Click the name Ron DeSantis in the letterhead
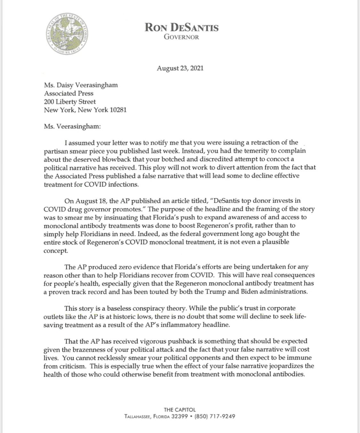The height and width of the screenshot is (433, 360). tap(181, 28)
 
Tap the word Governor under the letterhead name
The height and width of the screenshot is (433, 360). tap(181, 37)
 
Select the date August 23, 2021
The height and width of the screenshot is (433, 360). tap(180, 68)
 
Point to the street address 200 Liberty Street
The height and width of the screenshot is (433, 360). tap(70, 102)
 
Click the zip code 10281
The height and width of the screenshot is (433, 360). tap(117, 110)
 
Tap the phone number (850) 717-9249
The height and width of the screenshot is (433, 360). tap(217, 417)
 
